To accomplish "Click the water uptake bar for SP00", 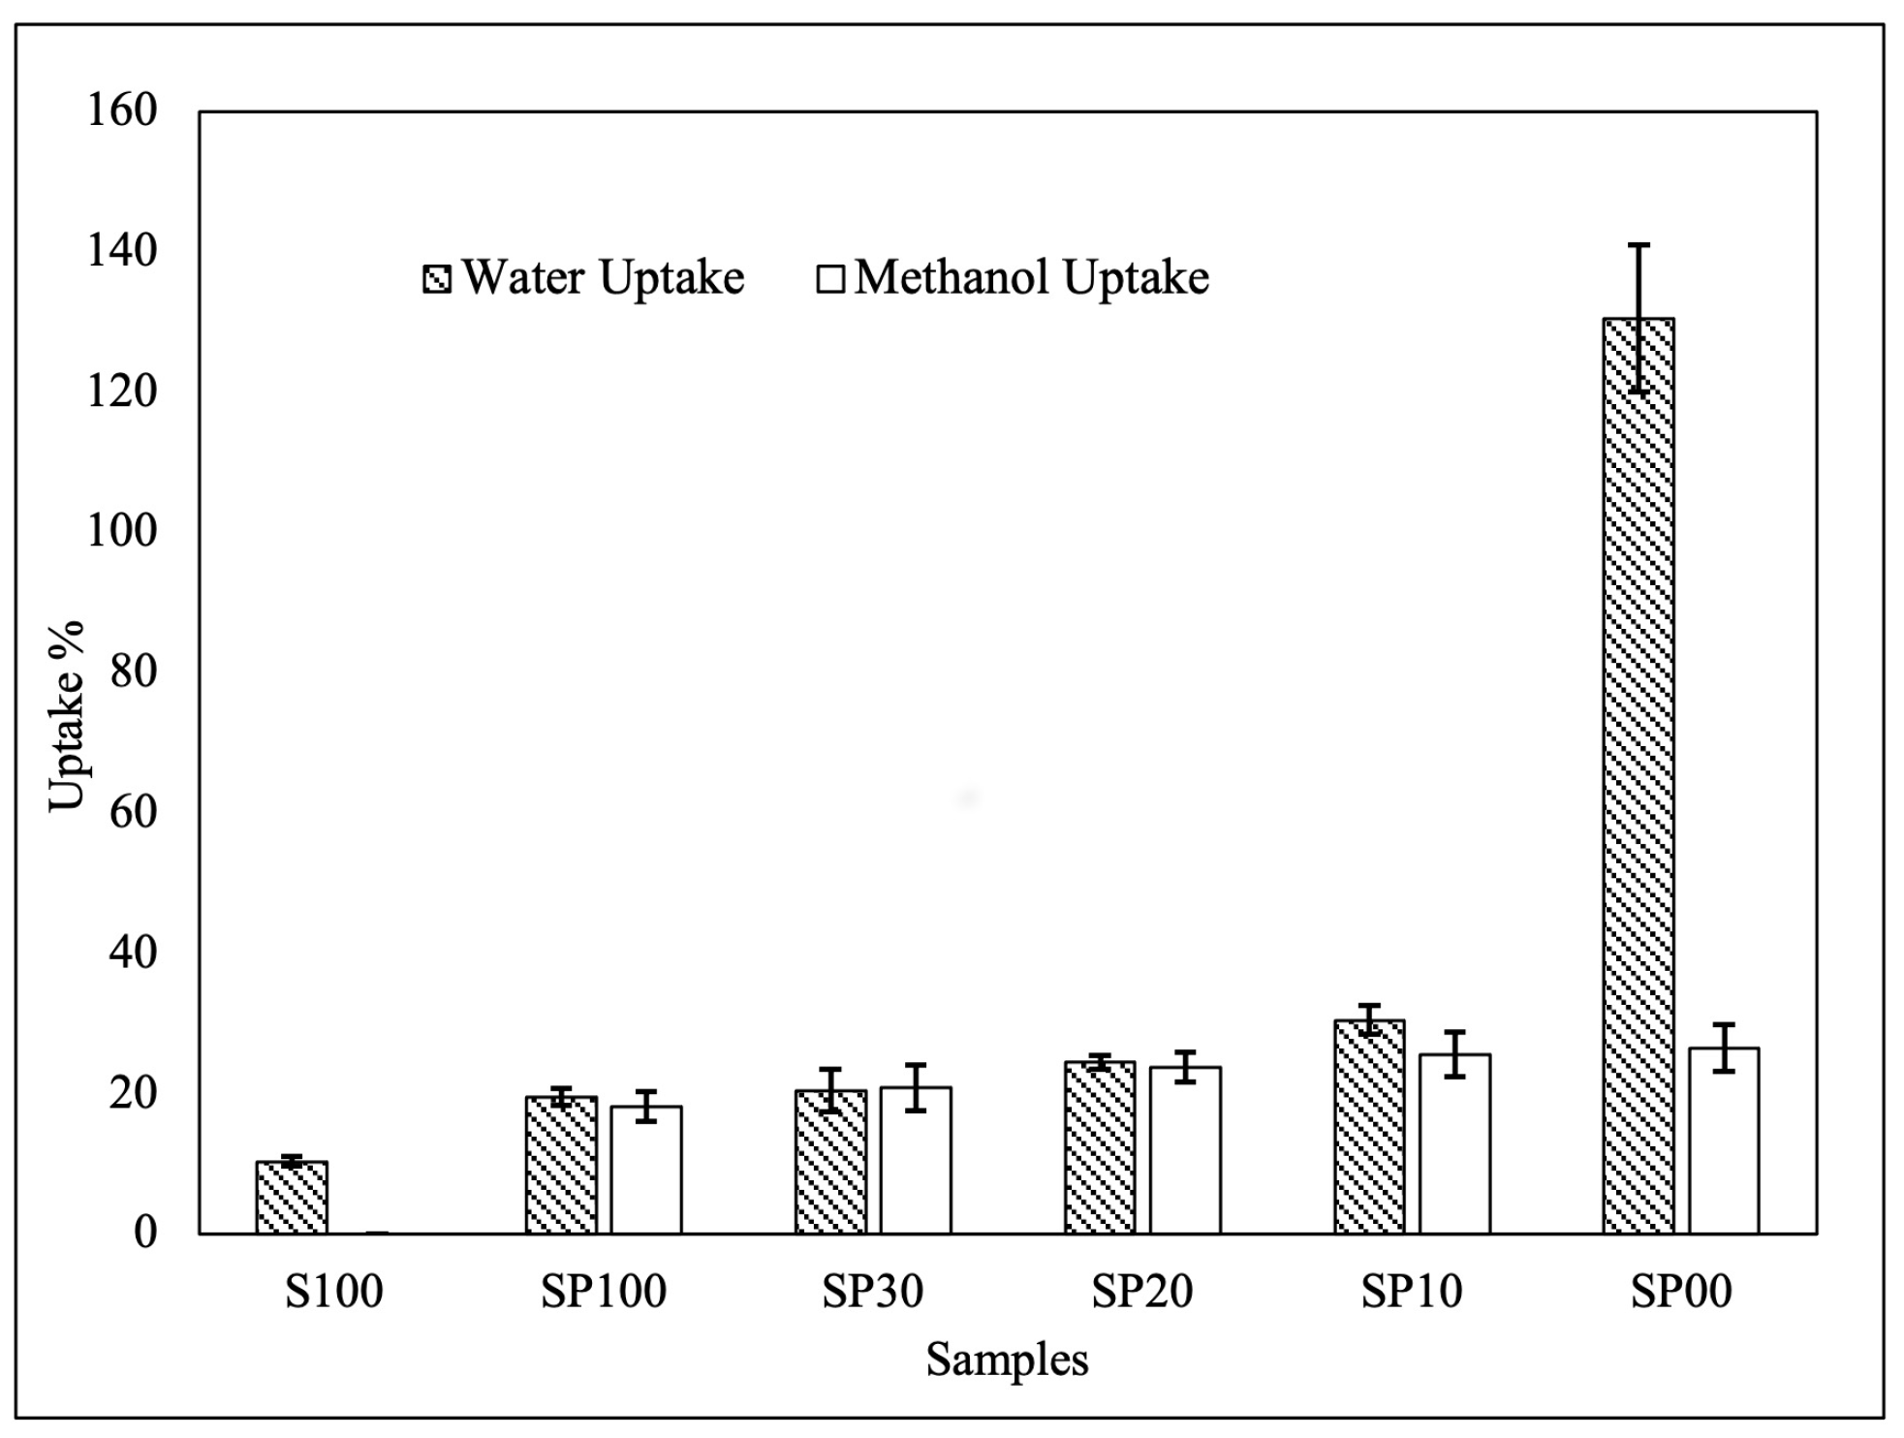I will point(1638,775).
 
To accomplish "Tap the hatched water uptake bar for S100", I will point(292,1198).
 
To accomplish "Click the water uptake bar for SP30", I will point(830,1162).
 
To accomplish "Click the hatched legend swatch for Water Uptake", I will point(437,279).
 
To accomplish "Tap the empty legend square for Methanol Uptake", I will point(830,279).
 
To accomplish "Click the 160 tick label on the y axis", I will point(122,110).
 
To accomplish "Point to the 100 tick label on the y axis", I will point(122,531).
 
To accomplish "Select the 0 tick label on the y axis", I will point(144,1232).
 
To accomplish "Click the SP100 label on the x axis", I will point(603,1292).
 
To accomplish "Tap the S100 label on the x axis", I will point(333,1292).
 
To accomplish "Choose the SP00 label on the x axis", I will point(1680,1292).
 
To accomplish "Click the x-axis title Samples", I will point(1007,1360).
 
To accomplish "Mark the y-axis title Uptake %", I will point(68,717).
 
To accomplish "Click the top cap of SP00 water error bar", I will point(1638,245).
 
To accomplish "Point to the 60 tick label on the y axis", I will point(133,811).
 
